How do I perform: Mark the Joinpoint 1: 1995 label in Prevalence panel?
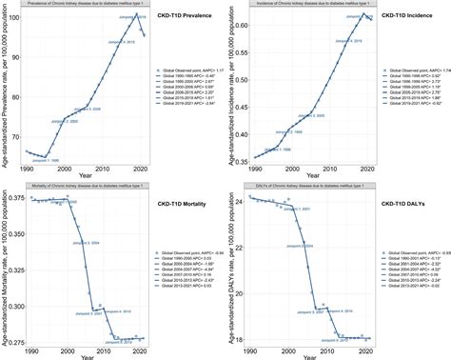coord(43,161)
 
